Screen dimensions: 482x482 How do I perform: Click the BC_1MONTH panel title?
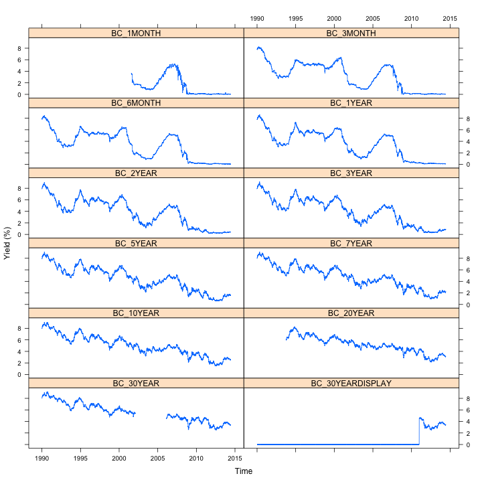pos(137,33)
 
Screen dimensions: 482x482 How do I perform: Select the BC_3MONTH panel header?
pos(351,33)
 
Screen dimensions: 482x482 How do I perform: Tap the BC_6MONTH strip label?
pos(137,104)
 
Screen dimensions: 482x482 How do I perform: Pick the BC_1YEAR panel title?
pos(351,104)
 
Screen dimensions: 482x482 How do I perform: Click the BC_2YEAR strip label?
pos(137,173)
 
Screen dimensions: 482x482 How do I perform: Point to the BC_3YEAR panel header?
pos(351,173)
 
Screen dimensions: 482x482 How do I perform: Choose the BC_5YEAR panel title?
pos(137,244)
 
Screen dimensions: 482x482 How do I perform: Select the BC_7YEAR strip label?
pos(351,244)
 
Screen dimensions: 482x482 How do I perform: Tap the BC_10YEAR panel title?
pos(137,313)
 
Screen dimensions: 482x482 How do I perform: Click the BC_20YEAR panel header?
pos(351,313)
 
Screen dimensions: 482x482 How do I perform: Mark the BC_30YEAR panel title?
pos(137,384)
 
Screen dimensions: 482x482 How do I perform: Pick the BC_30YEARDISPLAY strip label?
pos(351,384)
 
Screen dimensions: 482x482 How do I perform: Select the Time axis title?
pos(244,471)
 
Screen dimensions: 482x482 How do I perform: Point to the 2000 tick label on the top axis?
pos(334,19)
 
